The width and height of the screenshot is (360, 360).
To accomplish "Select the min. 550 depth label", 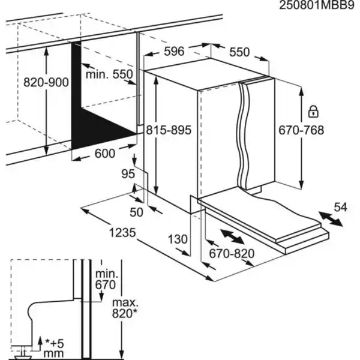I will (108, 75).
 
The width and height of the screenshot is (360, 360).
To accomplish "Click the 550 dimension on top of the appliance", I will (239, 52).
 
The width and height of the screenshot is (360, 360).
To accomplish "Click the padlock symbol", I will (313, 112).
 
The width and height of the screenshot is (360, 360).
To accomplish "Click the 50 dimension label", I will (137, 212).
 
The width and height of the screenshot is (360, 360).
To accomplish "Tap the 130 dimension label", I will (178, 239).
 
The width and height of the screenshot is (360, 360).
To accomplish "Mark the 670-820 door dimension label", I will (231, 253).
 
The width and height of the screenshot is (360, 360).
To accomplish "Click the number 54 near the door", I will (340, 208).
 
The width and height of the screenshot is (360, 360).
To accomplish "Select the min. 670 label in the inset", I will (105, 279).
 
